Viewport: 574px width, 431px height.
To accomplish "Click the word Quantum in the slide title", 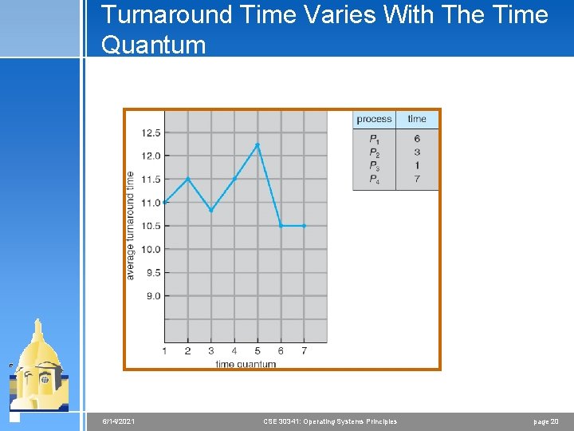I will [x=153, y=45].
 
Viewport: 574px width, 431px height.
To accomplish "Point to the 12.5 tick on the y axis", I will [x=151, y=132].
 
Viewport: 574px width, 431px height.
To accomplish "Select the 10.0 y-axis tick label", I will [x=151, y=249].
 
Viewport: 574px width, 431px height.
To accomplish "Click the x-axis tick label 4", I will [x=234, y=350].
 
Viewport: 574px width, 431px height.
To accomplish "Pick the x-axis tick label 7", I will [x=304, y=350].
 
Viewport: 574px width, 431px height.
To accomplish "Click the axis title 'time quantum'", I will [x=246, y=364].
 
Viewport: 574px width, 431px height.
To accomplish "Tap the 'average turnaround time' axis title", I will [x=131, y=226].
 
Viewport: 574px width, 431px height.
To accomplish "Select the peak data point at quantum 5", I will [x=258, y=144].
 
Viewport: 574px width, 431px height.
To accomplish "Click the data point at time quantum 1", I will [x=164, y=202].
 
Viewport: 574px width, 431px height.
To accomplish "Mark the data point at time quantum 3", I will [x=211, y=210].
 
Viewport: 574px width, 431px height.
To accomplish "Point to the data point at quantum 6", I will [x=281, y=226].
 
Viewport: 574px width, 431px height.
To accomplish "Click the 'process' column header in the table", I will [x=374, y=119].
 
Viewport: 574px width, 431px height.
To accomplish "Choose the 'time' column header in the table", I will [x=417, y=119].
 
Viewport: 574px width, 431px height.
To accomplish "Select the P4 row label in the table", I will [x=375, y=180].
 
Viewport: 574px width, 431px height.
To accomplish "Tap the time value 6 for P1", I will [x=417, y=139].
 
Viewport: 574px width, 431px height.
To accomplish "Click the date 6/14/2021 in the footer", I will [x=118, y=421].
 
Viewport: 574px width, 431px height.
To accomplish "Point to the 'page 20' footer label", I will [x=546, y=421].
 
